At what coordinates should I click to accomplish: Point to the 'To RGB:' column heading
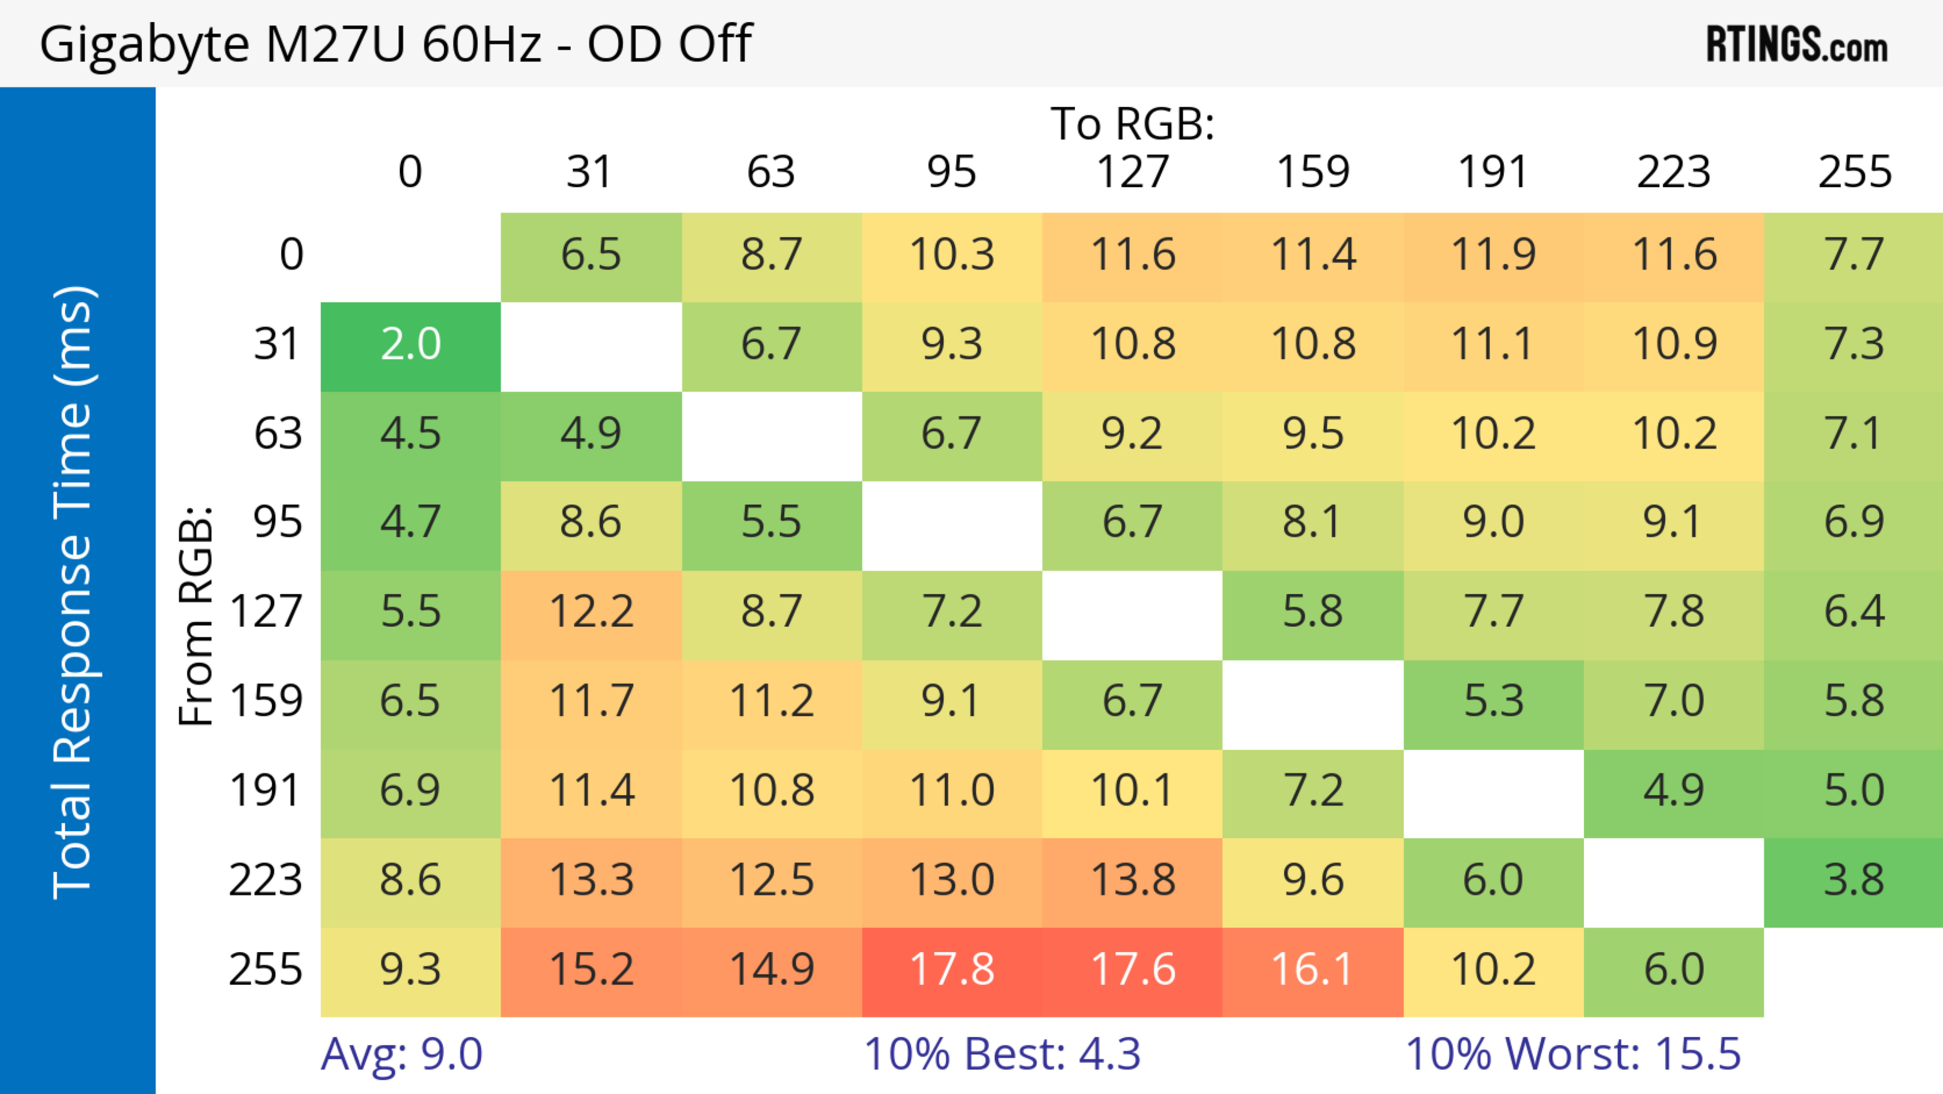pyautogui.click(x=1132, y=124)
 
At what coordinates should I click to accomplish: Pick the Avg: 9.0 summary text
pyautogui.click(x=401, y=1054)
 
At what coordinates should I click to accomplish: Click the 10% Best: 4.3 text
pyautogui.click(x=1002, y=1054)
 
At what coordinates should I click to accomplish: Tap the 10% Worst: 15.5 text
pyautogui.click(x=1573, y=1054)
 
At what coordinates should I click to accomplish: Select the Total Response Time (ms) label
pyautogui.click(x=74, y=593)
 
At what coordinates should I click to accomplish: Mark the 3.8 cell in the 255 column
pyautogui.click(x=1854, y=880)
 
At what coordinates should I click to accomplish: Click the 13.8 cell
pyautogui.click(x=1132, y=880)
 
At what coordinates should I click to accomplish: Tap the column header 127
pyautogui.click(x=1132, y=172)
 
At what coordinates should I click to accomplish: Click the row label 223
pyautogui.click(x=266, y=880)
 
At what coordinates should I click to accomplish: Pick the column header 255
pyautogui.click(x=1854, y=172)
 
